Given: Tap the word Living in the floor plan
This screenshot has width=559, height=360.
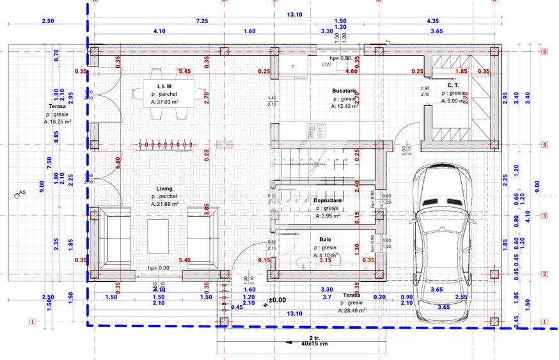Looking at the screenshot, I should pyautogui.click(x=164, y=189).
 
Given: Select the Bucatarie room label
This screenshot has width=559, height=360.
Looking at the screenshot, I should pyautogui.click(x=343, y=91).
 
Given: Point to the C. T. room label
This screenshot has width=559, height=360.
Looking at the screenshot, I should pyautogui.click(x=453, y=85).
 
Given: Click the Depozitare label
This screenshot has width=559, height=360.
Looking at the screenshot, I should pyautogui.click(x=328, y=200).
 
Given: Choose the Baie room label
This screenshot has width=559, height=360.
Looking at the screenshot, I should pyautogui.click(x=326, y=239).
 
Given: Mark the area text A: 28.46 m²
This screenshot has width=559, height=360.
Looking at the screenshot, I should pyautogui.click(x=352, y=310).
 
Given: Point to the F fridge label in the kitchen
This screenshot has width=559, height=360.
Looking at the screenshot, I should pyautogui.click(x=292, y=67).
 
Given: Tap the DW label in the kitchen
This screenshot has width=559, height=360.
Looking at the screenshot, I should pyautogui.click(x=326, y=65).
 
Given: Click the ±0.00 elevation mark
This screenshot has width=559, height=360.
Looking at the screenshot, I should pyautogui.click(x=276, y=299).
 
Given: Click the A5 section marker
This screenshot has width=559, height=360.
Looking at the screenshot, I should pyautogui.click(x=20, y=192).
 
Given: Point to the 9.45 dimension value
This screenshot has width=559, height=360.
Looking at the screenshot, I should pyautogui.click(x=237, y=307).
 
